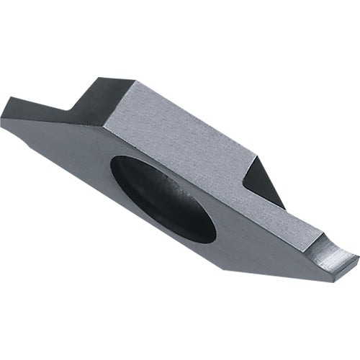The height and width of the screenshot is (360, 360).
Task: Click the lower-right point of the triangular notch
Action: pyautogui.click(x=285, y=210)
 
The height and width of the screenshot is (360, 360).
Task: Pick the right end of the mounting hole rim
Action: pyautogui.click(x=215, y=234)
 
